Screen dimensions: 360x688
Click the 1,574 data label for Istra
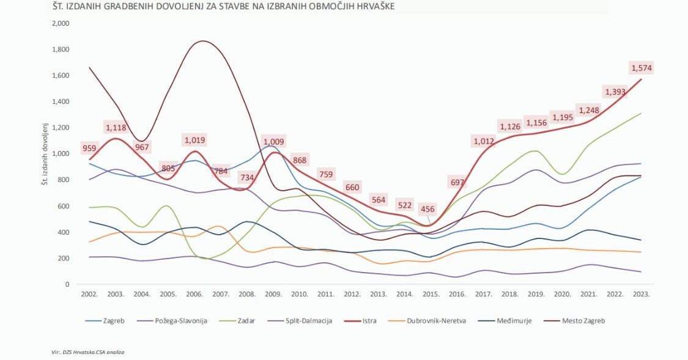[642, 67]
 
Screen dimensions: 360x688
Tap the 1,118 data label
[116, 127]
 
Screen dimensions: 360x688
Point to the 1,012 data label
[484, 141]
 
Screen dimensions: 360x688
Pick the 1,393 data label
[615, 92]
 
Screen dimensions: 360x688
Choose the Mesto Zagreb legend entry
[580, 320]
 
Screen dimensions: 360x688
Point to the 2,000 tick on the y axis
[62, 23]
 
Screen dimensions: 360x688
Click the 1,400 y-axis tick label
[62, 101]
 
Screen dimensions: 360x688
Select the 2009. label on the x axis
[273, 294]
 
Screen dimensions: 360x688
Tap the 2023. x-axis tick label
[641, 294]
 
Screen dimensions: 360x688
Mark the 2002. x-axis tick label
[89, 294]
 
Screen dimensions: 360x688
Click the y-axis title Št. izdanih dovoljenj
[46, 154]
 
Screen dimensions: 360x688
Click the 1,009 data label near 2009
[273, 142]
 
